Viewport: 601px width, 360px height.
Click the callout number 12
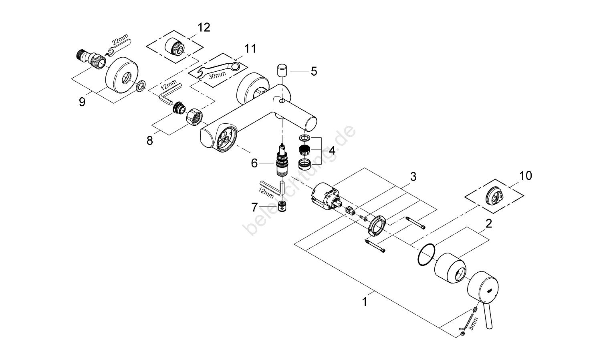(204, 28)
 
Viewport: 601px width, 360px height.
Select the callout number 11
(250, 49)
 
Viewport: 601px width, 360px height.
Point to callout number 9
(82, 102)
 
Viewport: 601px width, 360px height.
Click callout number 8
(150, 141)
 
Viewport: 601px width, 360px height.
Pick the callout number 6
(254, 163)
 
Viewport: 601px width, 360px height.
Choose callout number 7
(254, 207)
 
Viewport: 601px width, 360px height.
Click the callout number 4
(331, 151)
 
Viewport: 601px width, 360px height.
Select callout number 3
(413, 176)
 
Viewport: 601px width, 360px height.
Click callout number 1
(364, 301)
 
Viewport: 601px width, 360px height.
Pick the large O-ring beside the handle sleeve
(426, 255)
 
